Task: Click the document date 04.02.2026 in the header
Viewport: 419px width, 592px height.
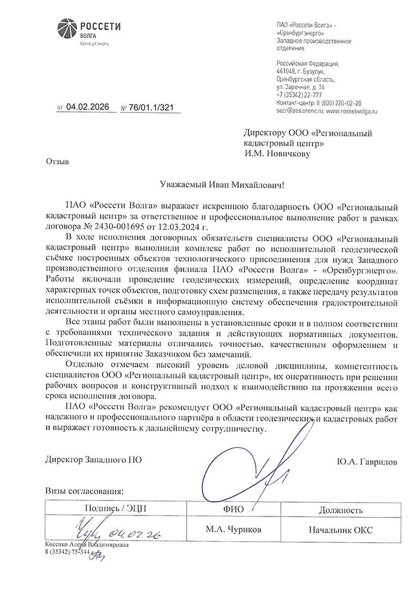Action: click(x=87, y=107)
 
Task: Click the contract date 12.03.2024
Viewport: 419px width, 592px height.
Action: click(x=171, y=226)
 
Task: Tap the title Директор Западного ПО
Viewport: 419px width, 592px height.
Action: click(x=94, y=459)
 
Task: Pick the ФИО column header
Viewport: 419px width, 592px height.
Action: click(x=234, y=509)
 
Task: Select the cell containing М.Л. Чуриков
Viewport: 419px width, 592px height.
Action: click(x=234, y=530)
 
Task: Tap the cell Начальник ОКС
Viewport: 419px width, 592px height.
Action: click(x=341, y=530)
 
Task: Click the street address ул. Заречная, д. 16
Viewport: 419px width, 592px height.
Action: click(x=300, y=87)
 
